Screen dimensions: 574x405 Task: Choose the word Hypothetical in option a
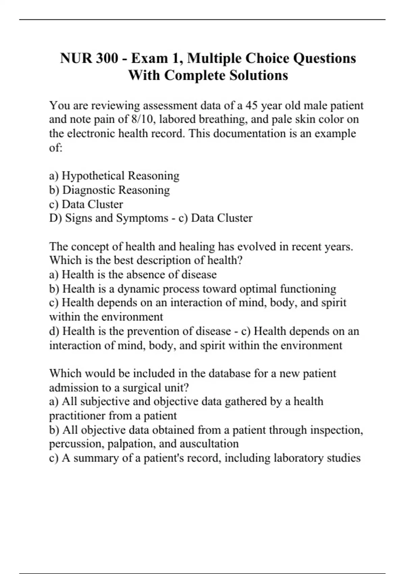point(93,176)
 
